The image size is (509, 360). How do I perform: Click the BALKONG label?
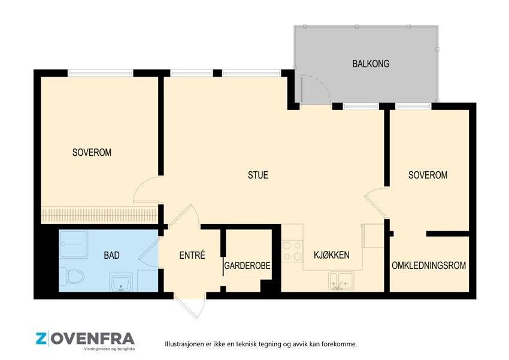pyautogui.click(x=371, y=63)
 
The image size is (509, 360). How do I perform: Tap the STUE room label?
pyautogui.click(x=258, y=176)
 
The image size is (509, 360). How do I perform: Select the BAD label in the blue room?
pyautogui.click(x=111, y=255)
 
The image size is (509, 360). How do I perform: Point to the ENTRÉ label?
pyautogui.click(x=192, y=255)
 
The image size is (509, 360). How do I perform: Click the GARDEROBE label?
pyautogui.click(x=247, y=266)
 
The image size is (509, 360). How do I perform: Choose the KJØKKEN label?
pyautogui.click(x=331, y=255)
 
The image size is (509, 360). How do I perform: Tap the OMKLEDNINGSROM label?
pyautogui.click(x=429, y=265)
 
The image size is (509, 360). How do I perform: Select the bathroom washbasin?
pyautogui.click(x=121, y=282)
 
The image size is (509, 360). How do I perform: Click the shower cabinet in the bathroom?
pyautogui.click(x=74, y=244)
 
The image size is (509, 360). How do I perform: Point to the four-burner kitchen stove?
pyautogui.click(x=292, y=251)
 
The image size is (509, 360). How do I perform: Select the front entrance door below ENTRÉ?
pyautogui.click(x=190, y=306)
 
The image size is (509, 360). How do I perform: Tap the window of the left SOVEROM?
pyautogui.click(x=101, y=73)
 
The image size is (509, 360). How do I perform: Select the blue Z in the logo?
pyautogui.click(x=41, y=339)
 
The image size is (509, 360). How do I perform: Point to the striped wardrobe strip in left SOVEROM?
pyautogui.click(x=99, y=215)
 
